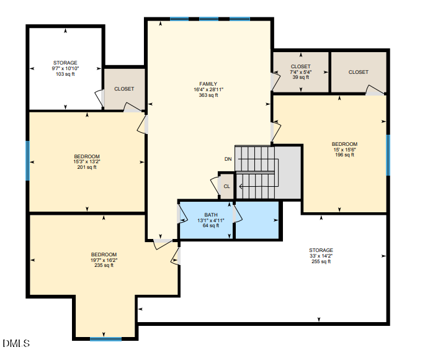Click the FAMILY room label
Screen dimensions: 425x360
(x=208, y=84)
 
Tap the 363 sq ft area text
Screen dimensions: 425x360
(x=208, y=95)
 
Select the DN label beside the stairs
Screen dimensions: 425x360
(x=228, y=159)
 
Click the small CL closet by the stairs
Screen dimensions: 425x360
(x=226, y=186)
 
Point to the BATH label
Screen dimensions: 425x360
(x=211, y=215)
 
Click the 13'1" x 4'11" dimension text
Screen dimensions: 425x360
(x=210, y=220)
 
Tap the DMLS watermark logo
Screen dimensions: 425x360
(x=16, y=343)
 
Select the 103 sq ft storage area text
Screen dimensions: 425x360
(x=65, y=74)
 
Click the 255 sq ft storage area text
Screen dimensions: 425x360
(x=321, y=261)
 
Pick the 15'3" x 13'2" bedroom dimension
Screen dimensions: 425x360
(x=87, y=162)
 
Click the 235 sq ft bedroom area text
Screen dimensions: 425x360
(x=104, y=266)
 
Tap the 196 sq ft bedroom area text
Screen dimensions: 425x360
(x=344, y=155)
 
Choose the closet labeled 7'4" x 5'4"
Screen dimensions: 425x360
(x=300, y=72)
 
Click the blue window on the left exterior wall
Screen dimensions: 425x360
(x=27, y=161)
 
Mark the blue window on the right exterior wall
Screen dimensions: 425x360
(x=388, y=155)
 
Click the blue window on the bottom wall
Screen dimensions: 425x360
(x=105, y=339)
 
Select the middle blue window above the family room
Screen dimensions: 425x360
(x=208, y=19)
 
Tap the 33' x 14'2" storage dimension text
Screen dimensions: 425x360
(x=321, y=256)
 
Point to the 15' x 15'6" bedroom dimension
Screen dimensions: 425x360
(x=344, y=150)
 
